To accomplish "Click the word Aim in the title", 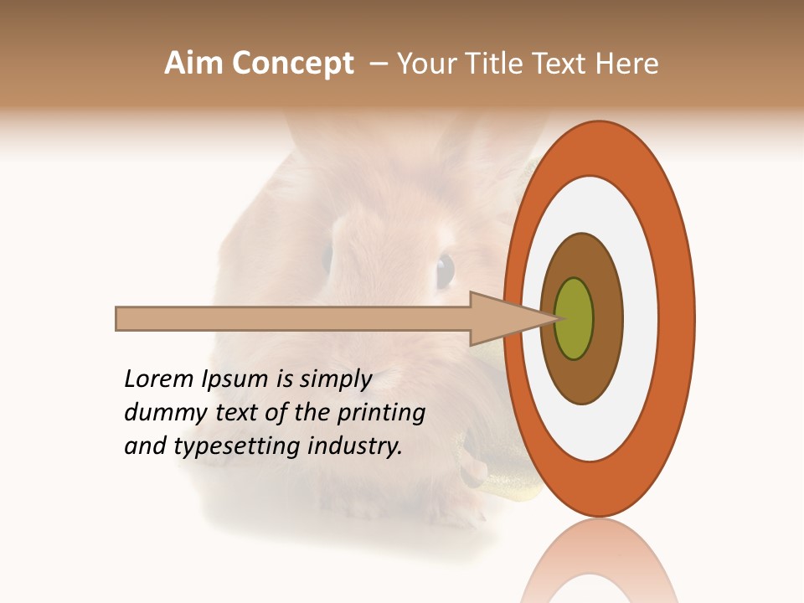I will [x=195, y=63].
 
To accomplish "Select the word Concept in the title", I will [x=293, y=63].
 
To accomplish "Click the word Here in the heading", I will [x=627, y=63].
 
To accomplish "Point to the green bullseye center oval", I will [x=575, y=318].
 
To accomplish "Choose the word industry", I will [x=355, y=446].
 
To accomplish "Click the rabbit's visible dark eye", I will [x=445, y=270].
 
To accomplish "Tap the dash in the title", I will [x=379, y=63].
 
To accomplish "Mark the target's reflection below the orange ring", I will [x=600, y=561].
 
